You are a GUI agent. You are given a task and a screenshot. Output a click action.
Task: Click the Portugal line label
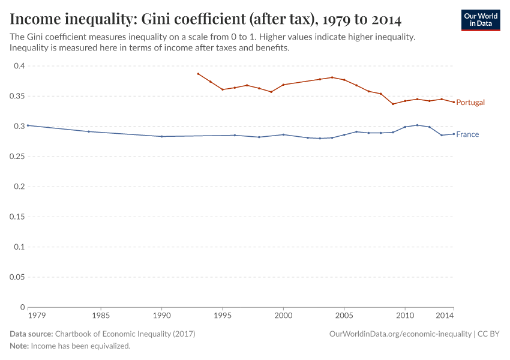470,103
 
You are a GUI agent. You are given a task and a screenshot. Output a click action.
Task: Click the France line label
467,134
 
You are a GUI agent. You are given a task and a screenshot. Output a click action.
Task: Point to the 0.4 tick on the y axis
19,66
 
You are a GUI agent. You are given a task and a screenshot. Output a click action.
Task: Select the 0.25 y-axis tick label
17,157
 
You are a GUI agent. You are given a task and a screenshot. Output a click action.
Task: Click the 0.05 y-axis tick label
17,277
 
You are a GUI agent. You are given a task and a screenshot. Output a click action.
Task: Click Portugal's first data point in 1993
198,74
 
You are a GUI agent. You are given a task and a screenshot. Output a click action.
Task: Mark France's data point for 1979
28,125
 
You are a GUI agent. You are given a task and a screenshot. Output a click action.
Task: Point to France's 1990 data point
161,136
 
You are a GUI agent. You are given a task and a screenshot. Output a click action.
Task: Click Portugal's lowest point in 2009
393,104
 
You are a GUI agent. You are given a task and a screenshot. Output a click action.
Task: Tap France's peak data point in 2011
417,125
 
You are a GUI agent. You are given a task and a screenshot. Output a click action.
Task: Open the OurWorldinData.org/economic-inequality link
400,334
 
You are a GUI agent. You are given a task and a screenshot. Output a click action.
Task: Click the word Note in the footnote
19,346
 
